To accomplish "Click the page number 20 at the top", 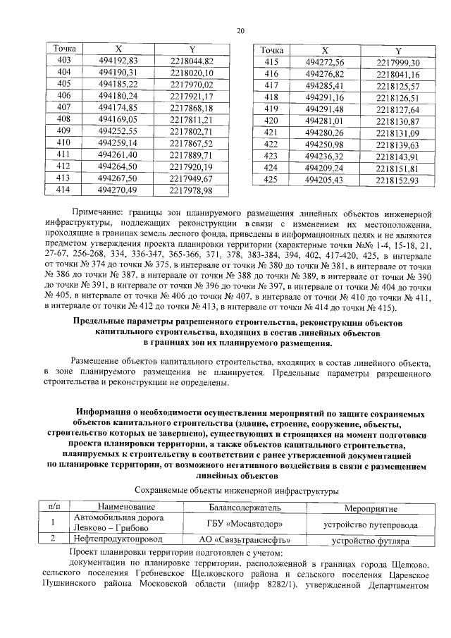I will pos(240,30).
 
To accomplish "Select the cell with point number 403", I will pos(63,61).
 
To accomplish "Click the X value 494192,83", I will pos(118,61).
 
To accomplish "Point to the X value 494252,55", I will pos(118,131).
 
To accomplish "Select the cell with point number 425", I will pos(271,180).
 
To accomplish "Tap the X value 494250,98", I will pos(324,145).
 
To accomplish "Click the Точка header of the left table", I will pos(63,49).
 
